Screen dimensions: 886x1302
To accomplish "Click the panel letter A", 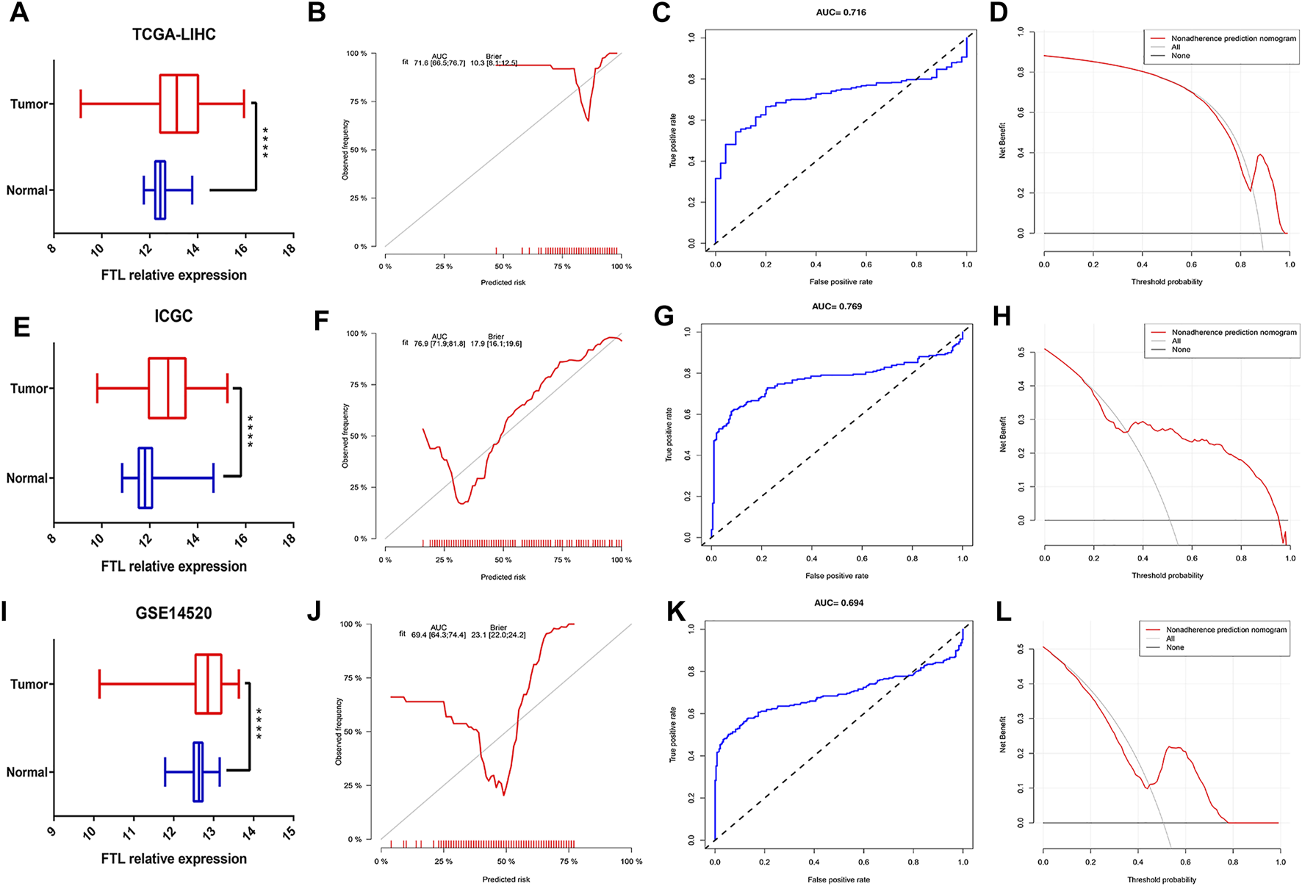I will tap(19, 12).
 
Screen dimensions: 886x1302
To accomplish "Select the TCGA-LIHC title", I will tap(174, 35).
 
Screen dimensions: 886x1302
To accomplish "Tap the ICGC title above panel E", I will tap(173, 316).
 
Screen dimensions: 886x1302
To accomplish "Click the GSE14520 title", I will tap(173, 613).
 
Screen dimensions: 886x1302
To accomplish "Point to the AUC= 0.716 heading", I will tap(841, 12).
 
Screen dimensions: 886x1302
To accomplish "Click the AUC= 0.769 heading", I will tap(837, 306).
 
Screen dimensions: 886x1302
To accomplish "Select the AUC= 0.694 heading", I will tap(838, 603).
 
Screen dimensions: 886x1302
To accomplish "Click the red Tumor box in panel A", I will tap(179, 104).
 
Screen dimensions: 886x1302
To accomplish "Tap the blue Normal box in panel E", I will tap(145, 478).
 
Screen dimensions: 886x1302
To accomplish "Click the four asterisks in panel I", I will tap(259, 723).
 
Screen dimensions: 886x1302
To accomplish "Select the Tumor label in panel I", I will tap(29, 684).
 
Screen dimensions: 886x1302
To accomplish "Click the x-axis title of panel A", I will tap(174, 275).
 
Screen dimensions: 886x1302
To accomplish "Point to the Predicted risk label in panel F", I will tap(503, 577).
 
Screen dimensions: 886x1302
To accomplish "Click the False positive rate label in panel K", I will tap(838, 879).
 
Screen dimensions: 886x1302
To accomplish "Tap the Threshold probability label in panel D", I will tap(1167, 282).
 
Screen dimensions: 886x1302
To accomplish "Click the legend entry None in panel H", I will tap(1181, 350).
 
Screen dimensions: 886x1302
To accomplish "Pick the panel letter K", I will tap(676, 612).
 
